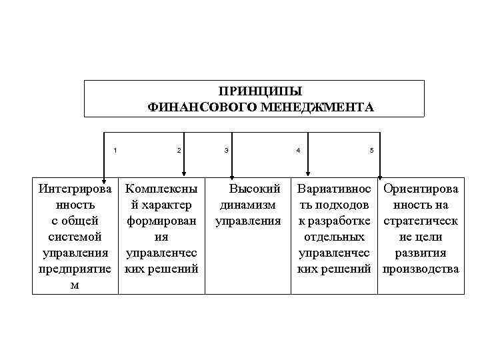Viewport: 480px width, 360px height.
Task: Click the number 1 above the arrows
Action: coord(115,149)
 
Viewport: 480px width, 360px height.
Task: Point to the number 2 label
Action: coord(179,149)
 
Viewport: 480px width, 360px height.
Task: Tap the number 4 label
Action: coord(298,149)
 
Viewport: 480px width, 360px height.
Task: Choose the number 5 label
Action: coord(371,149)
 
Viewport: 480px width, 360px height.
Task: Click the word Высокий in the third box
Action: coord(255,189)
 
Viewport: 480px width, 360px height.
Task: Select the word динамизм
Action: coord(247,205)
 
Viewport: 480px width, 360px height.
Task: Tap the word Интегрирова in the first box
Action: coord(75,189)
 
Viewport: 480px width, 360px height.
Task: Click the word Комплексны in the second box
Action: coord(161,189)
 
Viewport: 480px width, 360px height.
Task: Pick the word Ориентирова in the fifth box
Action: coord(421,189)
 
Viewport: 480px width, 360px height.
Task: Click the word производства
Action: coord(421,269)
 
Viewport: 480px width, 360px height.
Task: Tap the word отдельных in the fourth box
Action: coord(333,237)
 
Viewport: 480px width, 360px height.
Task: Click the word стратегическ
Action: coord(421,221)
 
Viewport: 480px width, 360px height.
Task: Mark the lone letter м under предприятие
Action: coord(75,285)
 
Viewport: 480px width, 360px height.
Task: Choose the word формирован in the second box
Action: coord(161,221)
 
